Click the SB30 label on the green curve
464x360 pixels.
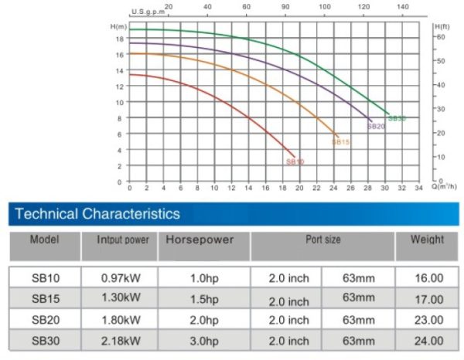click(x=397, y=119)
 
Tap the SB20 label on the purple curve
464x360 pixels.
click(x=376, y=126)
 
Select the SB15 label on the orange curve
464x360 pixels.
click(x=341, y=142)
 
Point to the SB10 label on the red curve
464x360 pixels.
click(x=295, y=162)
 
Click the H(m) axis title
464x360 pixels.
click(x=118, y=27)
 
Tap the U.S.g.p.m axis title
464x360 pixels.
click(x=147, y=12)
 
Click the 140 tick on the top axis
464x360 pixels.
click(x=402, y=7)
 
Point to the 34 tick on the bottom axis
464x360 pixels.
click(x=418, y=188)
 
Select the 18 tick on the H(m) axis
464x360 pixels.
click(x=120, y=38)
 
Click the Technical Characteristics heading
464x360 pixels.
click(x=97, y=214)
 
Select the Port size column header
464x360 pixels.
click(x=322, y=240)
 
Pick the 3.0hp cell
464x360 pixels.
click(x=204, y=341)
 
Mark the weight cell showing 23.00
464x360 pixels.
click(x=428, y=319)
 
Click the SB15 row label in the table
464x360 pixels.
click(x=46, y=298)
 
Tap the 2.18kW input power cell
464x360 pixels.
click(x=121, y=341)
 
